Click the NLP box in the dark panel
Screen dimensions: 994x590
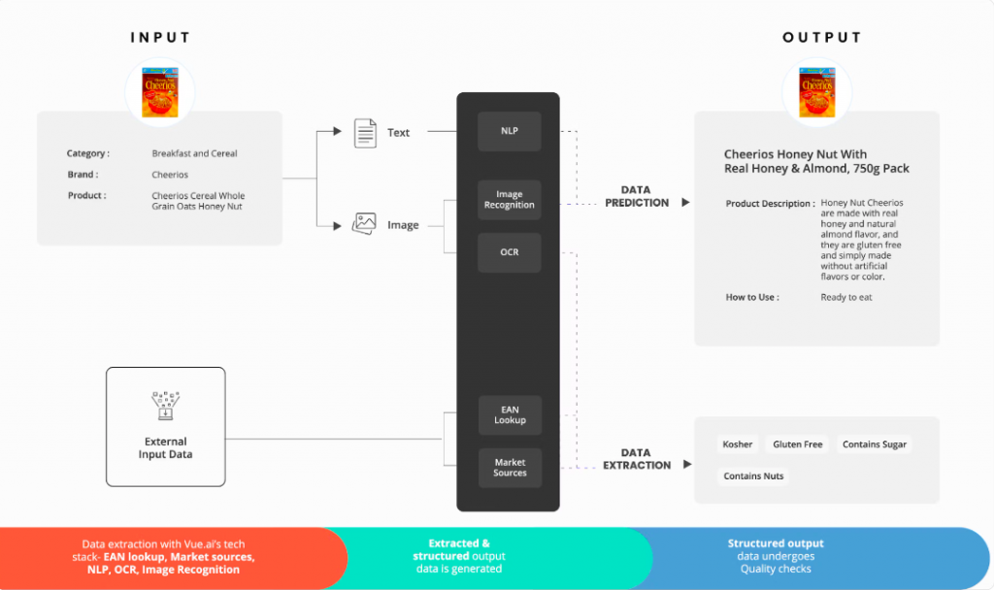[509, 131]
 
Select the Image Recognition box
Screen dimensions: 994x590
[509, 200]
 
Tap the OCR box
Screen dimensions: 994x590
[509, 252]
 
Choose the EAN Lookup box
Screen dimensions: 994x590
[510, 415]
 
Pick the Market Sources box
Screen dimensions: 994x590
[510, 468]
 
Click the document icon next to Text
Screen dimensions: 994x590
[365, 133]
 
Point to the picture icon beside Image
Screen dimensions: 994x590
[365, 224]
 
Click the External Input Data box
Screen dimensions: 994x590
[165, 427]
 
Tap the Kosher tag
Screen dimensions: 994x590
[738, 444]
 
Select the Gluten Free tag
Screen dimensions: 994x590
[798, 444]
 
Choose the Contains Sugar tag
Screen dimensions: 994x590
[875, 444]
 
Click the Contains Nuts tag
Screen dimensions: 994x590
[753, 475]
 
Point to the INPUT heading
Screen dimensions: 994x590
[160, 38]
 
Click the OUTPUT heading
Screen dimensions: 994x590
[822, 38]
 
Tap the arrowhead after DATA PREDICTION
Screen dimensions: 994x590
[685, 202]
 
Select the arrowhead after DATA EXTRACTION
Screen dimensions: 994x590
[687, 464]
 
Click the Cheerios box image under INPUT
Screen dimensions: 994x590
[160, 92]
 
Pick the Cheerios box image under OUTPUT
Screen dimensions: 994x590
[816, 92]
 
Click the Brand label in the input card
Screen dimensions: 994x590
[83, 175]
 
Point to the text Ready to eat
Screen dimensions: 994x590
[846, 297]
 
